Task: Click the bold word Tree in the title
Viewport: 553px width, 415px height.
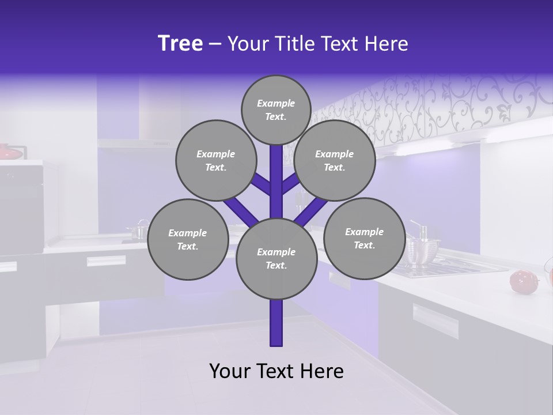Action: point(180,44)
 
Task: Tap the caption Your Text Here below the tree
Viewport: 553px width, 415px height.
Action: point(276,371)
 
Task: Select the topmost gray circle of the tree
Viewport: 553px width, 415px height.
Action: point(276,110)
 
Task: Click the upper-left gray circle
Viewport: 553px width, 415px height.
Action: point(215,160)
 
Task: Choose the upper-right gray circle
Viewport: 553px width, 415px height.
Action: point(334,160)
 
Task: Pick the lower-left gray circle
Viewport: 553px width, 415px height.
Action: point(187,239)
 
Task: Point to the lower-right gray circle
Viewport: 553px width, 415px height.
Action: point(364,238)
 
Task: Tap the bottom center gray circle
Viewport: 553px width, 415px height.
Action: point(276,258)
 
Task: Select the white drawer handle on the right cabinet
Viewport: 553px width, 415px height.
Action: point(435,320)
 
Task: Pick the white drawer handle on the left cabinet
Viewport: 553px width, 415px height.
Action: point(106,261)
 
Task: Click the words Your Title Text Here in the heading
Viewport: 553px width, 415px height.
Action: point(318,44)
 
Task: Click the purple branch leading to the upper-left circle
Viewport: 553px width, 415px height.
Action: point(261,183)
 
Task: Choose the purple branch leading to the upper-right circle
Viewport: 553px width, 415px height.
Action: point(291,183)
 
